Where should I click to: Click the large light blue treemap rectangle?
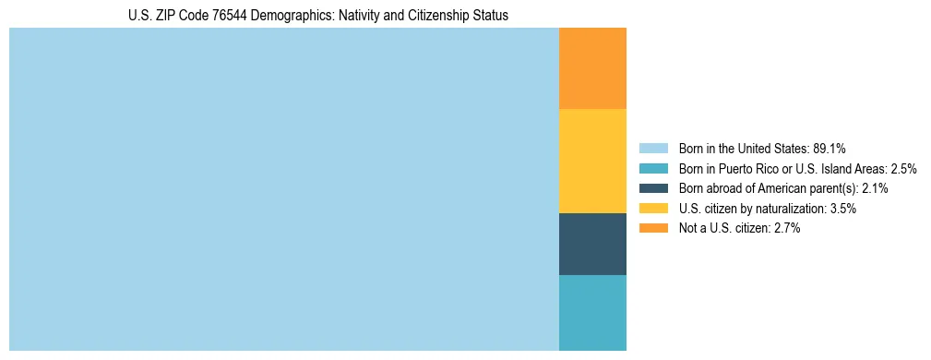(283, 189)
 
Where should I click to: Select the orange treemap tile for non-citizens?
(592, 68)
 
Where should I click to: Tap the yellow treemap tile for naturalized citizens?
(592, 161)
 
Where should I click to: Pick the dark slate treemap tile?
(592, 244)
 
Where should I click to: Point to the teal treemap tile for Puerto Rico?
(592, 312)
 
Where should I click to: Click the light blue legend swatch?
(653, 148)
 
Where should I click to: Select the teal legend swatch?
(653, 168)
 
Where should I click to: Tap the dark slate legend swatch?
(653, 188)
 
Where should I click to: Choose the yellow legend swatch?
(653, 209)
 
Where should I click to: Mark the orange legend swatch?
(653, 228)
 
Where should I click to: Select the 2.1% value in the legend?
(875, 188)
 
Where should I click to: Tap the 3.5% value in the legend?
(842, 209)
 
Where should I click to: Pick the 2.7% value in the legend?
(786, 228)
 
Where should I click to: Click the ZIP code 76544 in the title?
(212, 16)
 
